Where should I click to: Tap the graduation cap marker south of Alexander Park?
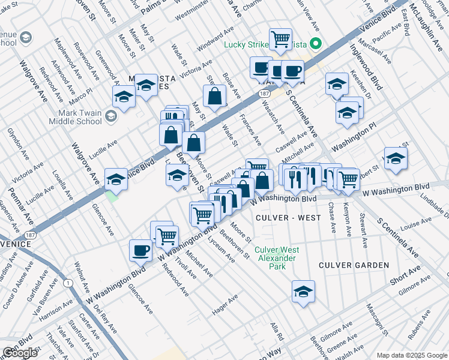[x=304, y=292]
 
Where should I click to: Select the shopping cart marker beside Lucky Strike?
[x=280, y=39]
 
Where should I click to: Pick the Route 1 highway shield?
[x=68, y=283]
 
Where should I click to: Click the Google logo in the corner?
[x=20, y=353]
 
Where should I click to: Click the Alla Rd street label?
[x=276, y=329]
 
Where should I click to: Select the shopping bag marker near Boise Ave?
[x=214, y=96]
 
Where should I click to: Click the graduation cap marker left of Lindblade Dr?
[x=396, y=158]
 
